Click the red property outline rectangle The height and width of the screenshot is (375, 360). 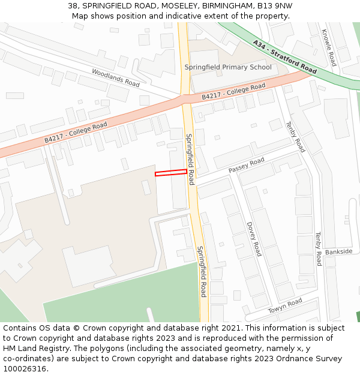(171, 173)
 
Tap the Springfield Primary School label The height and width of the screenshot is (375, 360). (228, 67)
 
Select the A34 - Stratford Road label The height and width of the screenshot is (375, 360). (285, 58)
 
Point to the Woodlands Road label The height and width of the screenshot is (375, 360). (116, 77)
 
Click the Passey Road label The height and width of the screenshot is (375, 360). (246, 166)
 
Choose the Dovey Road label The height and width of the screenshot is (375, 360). (254, 239)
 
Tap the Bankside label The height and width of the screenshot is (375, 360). (338, 252)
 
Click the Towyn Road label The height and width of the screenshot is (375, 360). (285, 306)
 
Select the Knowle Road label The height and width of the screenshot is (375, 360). (329, 48)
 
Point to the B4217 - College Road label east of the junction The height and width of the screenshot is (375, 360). (233, 92)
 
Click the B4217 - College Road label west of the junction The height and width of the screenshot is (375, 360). (76, 133)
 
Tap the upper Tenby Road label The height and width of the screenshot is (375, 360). (296, 137)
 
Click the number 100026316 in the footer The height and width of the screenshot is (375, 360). (26, 369)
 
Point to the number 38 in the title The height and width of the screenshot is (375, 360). (73, 5)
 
